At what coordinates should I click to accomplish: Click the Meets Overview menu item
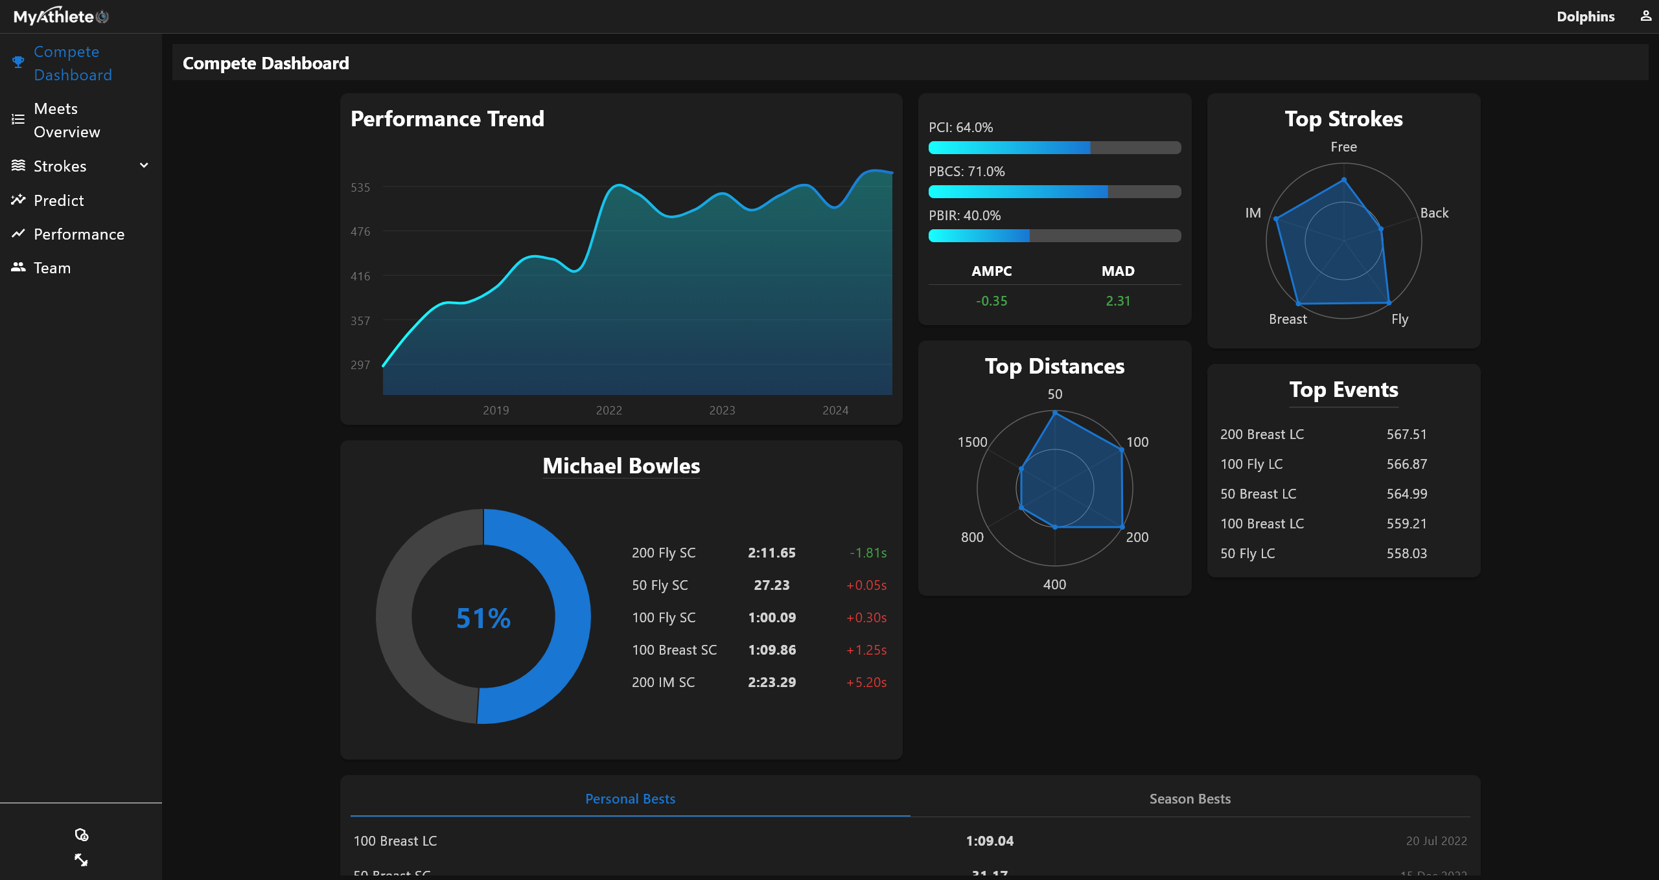point(66,120)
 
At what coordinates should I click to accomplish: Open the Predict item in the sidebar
point(58,200)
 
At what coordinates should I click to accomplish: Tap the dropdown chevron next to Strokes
point(144,166)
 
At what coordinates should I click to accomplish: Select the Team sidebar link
point(52,267)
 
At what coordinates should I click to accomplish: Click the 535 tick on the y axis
point(360,188)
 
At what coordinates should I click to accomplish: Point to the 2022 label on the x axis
point(609,410)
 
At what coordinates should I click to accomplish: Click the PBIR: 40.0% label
point(964,216)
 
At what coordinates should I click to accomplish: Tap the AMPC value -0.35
point(992,301)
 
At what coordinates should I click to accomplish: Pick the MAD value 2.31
point(1118,301)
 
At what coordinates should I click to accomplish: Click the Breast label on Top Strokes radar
point(1288,319)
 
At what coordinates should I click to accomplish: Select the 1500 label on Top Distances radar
point(972,442)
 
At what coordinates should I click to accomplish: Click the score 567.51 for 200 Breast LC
point(1406,434)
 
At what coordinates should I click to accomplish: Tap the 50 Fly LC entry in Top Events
point(1247,554)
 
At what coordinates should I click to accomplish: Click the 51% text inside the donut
point(483,618)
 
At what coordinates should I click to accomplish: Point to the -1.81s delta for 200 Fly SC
point(868,553)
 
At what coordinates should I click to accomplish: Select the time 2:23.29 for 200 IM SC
point(772,683)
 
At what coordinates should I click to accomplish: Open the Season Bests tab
point(1190,799)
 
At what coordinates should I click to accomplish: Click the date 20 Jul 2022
point(1436,841)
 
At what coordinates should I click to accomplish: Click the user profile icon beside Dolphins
point(1645,16)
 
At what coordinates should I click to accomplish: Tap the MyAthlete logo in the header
point(61,16)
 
